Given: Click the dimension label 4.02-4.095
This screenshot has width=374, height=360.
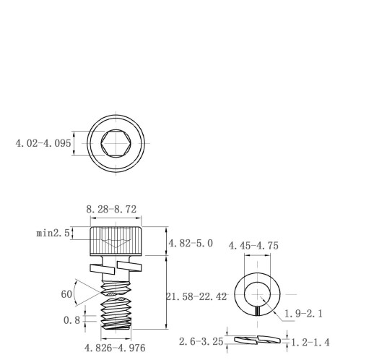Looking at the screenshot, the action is pos(43,143).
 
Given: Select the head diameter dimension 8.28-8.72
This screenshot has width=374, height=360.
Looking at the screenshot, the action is pos(111,209).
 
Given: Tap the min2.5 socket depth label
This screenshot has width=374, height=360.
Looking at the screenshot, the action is pos(53,233).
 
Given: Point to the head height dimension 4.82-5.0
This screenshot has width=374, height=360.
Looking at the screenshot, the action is pos(191,244).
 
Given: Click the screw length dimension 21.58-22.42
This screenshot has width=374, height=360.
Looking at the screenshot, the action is pos(196,296).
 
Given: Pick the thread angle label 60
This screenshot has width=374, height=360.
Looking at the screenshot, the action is pos(66,294).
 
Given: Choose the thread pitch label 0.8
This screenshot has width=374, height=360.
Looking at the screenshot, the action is pos(71,320).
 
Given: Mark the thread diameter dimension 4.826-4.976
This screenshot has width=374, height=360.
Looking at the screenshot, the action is pos(115,348).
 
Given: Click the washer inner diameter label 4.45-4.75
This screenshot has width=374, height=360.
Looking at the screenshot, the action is pos(253,246).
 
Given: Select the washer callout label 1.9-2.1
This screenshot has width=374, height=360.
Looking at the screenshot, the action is pos(303,314).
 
